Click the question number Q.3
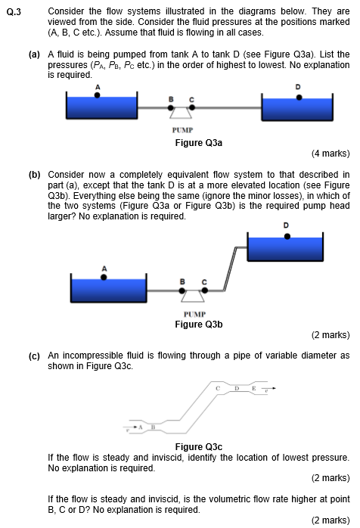14,12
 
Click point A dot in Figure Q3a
97,95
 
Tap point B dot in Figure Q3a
171,107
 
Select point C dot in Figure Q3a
192,107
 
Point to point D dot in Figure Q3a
299,98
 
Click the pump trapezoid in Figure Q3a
181,113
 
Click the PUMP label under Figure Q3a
182,130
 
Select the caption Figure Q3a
199,143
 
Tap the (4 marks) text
331,154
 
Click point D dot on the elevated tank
287,236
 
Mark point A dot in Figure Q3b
104,277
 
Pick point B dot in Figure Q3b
182,290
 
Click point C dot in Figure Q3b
205,290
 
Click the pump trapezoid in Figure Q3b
193,297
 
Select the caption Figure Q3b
199,325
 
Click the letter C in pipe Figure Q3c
218,388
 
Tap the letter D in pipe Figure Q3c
237,388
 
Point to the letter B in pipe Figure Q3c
153,427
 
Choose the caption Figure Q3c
199,447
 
